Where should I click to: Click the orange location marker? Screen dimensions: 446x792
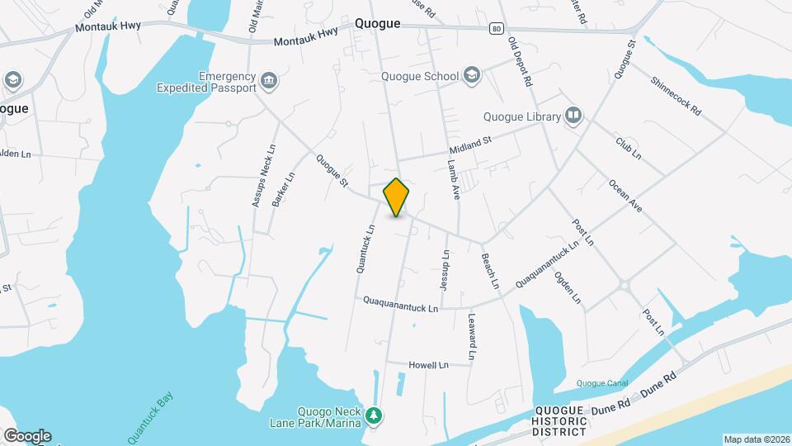pos(397,197)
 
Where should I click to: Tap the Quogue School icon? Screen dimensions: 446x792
pos(471,76)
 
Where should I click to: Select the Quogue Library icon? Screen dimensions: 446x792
pos(573,116)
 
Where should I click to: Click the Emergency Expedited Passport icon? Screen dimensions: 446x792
pos(268,81)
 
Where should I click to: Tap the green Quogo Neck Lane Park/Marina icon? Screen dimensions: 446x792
pos(375,414)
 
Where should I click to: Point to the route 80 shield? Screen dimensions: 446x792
pos(495,28)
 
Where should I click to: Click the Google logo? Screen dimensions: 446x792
pos(27,435)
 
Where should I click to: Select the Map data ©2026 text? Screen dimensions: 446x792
pos(755,439)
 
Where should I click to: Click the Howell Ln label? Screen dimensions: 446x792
pos(429,364)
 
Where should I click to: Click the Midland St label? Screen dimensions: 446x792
pos(470,145)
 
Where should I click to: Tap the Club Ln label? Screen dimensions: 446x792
pos(628,149)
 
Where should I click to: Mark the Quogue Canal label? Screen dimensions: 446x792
pos(601,383)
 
